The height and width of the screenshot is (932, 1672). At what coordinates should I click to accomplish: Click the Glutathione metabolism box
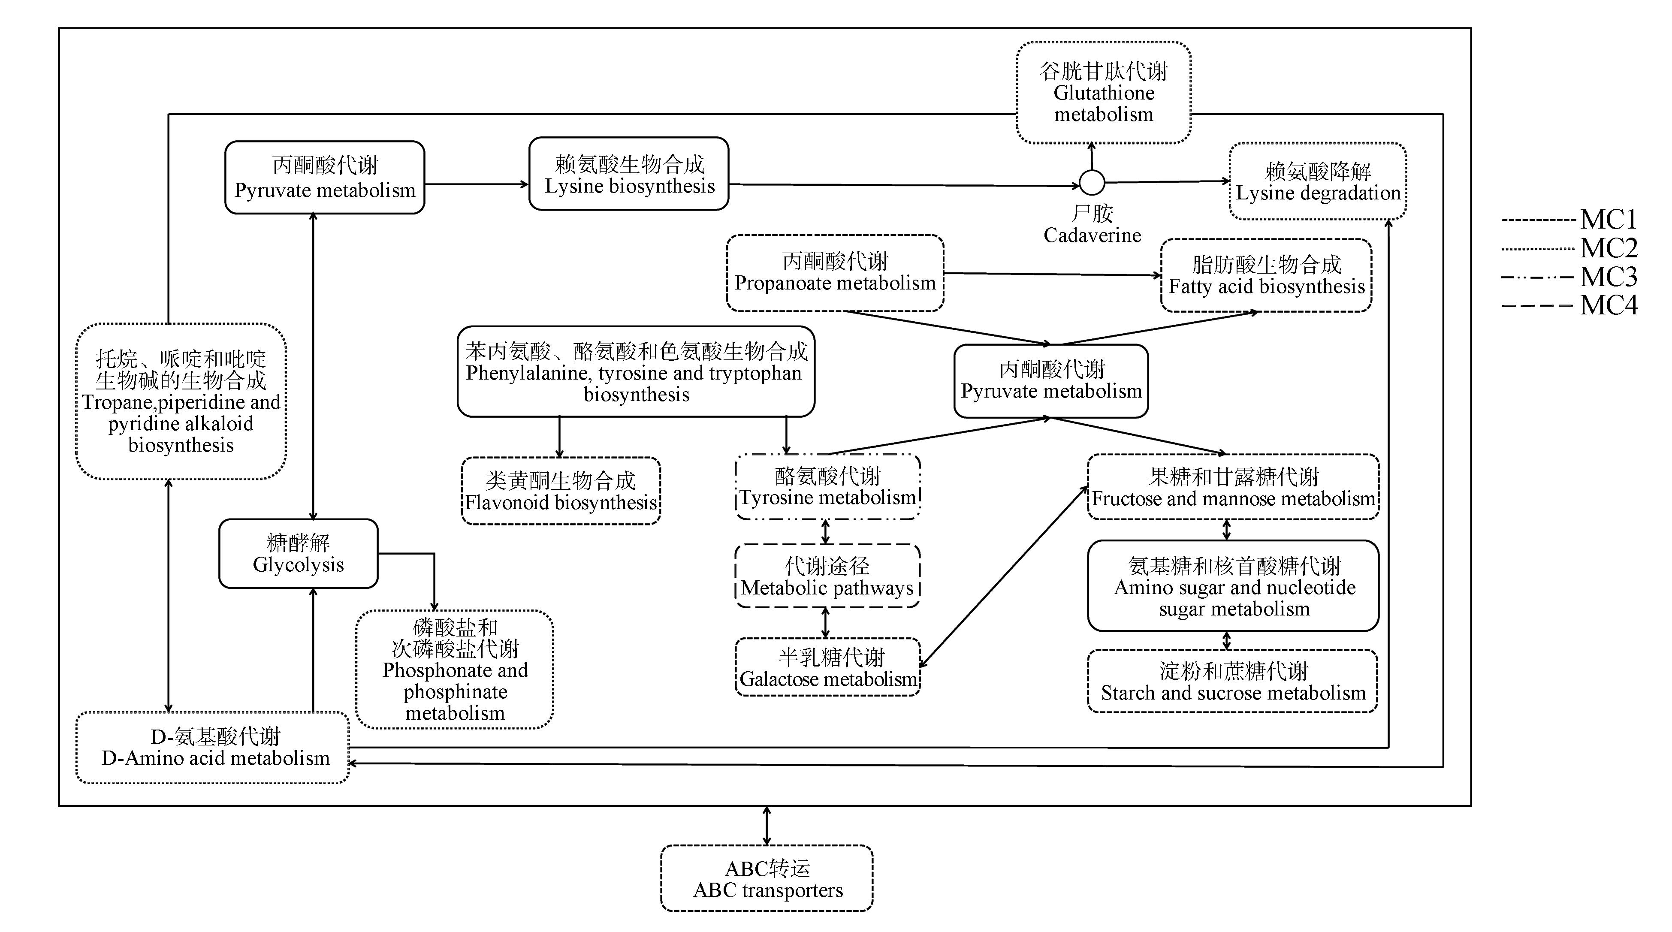point(1103,93)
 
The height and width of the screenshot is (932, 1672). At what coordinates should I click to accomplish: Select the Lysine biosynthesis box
point(628,174)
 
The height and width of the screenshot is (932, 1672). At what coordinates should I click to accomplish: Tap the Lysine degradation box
point(1318,182)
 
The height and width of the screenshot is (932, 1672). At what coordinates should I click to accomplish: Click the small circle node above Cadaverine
point(1092,183)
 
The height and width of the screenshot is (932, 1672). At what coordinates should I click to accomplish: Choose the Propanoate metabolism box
point(835,273)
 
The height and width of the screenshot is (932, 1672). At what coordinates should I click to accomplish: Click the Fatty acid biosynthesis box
point(1266,276)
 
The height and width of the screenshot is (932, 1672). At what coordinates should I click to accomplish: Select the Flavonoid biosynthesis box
point(561,492)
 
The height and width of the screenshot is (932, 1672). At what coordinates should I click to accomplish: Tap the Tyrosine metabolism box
point(827,487)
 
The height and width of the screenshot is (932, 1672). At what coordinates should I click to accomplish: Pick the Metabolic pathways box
point(827,576)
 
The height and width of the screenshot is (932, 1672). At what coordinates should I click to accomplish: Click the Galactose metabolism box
point(827,668)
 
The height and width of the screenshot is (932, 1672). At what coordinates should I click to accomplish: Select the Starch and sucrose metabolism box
point(1233,682)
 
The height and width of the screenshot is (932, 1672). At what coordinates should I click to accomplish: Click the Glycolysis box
point(299,554)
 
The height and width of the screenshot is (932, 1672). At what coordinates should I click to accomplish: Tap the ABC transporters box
point(767,879)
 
